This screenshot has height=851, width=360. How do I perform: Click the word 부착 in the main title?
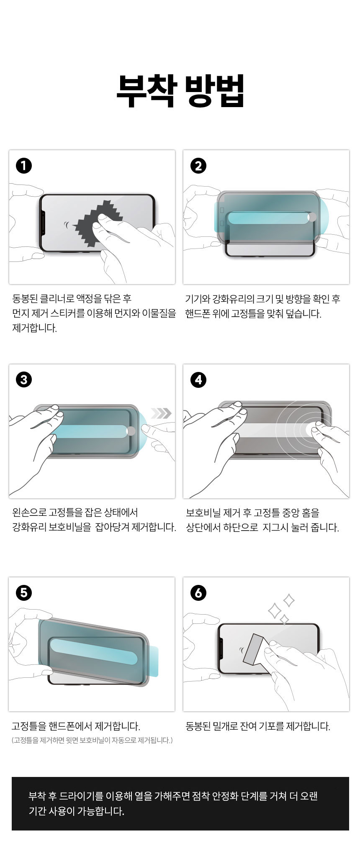click(147, 91)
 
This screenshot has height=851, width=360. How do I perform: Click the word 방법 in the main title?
click(214, 91)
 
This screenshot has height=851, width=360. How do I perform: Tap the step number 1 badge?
click(24, 166)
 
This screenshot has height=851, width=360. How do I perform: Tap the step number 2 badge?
click(198, 166)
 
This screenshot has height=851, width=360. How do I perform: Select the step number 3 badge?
click(24, 379)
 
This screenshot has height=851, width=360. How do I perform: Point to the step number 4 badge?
click(198, 379)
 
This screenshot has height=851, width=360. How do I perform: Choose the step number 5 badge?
click(24, 592)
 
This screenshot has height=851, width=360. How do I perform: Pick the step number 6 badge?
click(198, 592)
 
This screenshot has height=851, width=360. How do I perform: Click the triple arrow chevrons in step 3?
click(161, 413)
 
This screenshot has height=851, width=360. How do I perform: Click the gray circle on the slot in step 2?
click(312, 217)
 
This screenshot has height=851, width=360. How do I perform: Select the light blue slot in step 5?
click(94, 652)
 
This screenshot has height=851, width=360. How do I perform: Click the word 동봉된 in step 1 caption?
click(26, 299)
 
